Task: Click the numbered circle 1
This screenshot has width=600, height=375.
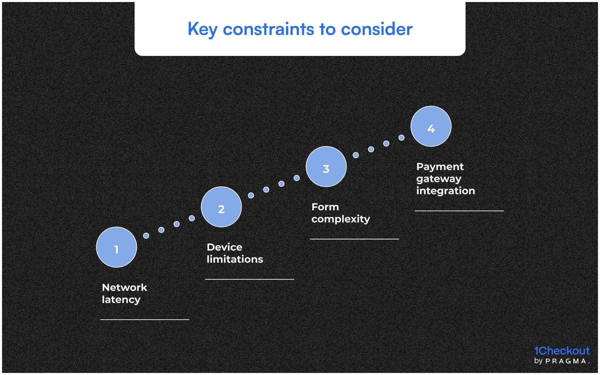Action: (x=116, y=247)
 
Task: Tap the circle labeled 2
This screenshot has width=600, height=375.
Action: (x=221, y=207)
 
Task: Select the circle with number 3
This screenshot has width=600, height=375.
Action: (x=326, y=167)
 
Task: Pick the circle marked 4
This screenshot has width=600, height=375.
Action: (x=431, y=126)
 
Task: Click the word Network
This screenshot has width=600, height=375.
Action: (x=125, y=287)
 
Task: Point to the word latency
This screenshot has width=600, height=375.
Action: (x=121, y=300)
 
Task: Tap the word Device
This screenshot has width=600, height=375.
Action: (x=224, y=247)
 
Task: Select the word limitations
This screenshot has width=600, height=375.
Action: (x=235, y=259)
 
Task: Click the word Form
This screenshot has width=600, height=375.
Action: (x=325, y=207)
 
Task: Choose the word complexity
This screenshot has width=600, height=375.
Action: (x=340, y=219)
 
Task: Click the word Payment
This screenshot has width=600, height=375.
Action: (x=440, y=167)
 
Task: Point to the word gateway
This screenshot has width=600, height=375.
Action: (x=439, y=179)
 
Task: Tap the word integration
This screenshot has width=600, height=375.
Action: (x=445, y=191)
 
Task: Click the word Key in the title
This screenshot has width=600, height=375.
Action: (x=202, y=29)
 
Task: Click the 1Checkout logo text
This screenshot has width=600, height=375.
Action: (x=562, y=351)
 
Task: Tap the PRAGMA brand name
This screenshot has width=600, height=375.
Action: (x=566, y=361)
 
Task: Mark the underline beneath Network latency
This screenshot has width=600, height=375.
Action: (x=145, y=319)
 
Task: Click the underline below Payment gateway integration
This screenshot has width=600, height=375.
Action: (x=459, y=211)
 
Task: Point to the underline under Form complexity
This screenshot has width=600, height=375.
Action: (x=354, y=239)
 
